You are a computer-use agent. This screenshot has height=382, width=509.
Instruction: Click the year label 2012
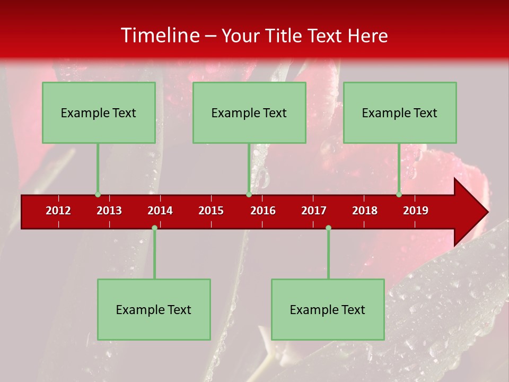click(58, 211)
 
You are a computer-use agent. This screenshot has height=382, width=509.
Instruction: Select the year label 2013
click(109, 211)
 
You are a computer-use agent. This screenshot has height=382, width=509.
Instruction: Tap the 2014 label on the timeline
click(160, 211)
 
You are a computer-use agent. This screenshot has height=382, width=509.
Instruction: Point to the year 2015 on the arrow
click(211, 211)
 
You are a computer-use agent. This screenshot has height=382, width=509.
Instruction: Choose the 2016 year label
click(263, 211)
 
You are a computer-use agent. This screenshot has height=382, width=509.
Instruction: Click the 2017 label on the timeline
click(314, 211)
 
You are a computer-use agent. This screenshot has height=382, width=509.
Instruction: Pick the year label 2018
click(365, 211)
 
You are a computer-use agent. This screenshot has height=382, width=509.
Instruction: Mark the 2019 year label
click(416, 211)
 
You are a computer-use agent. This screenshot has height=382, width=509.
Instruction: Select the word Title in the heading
click(287, 36)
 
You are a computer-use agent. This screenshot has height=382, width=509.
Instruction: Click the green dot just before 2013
click(98, 195)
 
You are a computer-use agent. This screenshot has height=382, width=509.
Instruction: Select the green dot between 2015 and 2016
click(249, 195)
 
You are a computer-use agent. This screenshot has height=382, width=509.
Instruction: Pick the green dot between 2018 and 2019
click(399, 195)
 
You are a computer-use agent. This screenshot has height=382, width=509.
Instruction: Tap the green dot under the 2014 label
click(154, 228)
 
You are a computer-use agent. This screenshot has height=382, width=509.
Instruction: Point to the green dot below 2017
click(328, 228)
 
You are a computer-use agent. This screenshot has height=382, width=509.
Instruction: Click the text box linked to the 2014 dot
click(154, 309)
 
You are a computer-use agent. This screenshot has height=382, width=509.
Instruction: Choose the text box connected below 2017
click(328, 309)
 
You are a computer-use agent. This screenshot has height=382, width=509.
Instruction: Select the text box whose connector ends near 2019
click(400, 112)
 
